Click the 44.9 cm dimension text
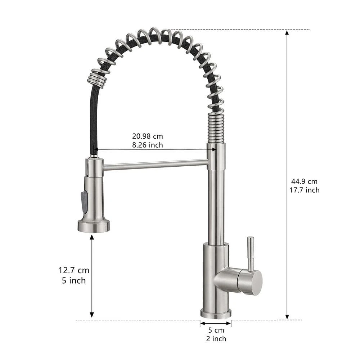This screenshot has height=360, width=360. (x=304, y=181)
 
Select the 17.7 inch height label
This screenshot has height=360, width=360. (x=304, y=190)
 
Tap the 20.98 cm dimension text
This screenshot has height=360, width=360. (x=147, y=136)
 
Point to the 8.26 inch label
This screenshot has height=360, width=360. (x=147, y=145)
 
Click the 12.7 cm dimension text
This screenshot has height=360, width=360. (x=74, y=270)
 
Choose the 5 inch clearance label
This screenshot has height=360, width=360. (x=74, y=280)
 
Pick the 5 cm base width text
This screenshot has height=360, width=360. (x=216, y=330)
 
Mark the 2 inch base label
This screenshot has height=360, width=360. (x=216, y=338)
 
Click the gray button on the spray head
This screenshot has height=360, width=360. (x=84, y=202)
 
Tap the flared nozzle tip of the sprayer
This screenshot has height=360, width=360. (x=94, y=226)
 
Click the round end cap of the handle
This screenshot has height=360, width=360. (x=255, y=282)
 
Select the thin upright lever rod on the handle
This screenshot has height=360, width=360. (x=250, y=254)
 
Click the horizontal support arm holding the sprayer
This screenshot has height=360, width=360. (x=155, y=165)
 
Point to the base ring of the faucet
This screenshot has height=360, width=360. (x=216, y=314)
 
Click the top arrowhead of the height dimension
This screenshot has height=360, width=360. (x=287, y=32)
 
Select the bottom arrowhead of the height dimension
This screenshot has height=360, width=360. (x=287, y=316)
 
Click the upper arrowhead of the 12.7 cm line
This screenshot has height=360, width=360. (x=92, y=237)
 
